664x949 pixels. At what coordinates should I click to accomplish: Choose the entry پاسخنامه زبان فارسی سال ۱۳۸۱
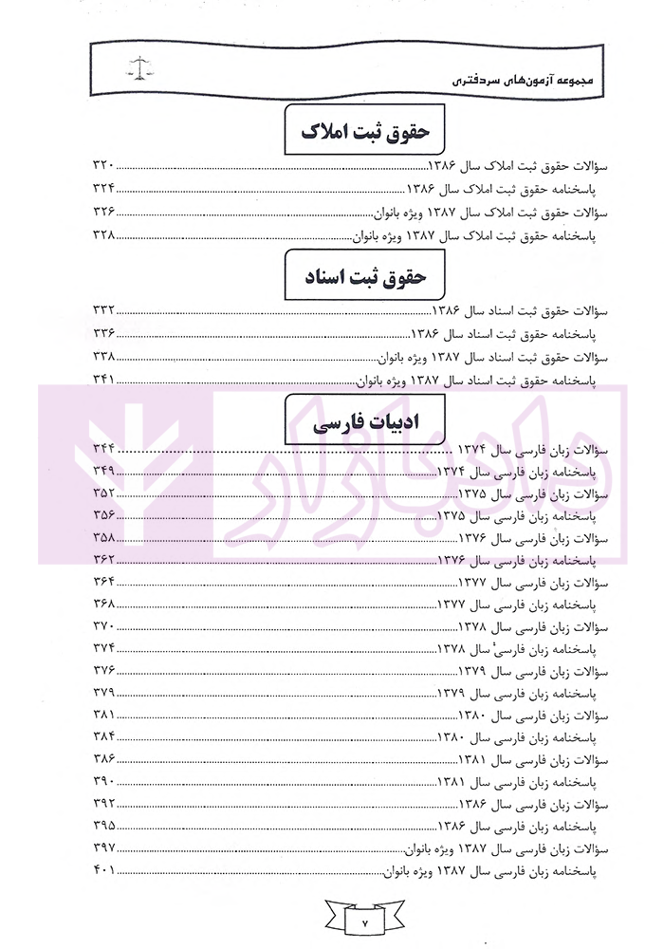517,782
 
